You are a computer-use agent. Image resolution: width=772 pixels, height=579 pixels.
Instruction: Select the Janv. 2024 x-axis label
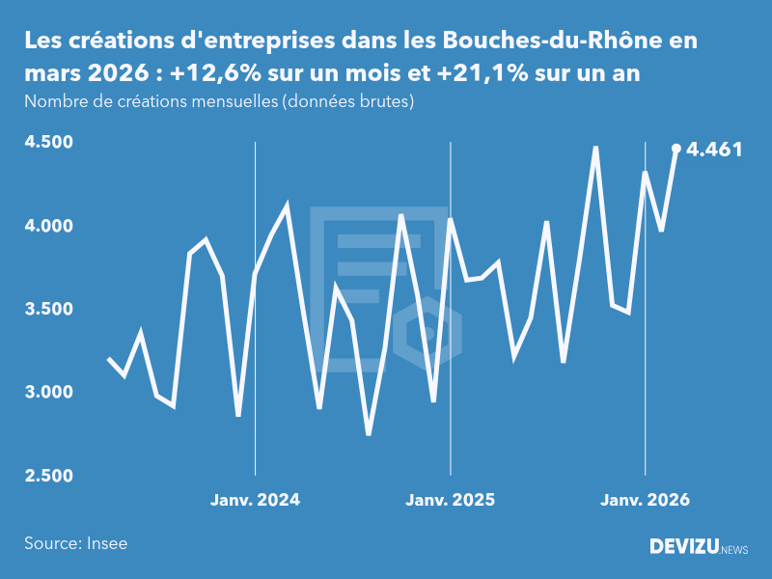point(255,500)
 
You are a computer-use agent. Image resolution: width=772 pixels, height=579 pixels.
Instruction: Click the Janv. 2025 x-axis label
point(450,500)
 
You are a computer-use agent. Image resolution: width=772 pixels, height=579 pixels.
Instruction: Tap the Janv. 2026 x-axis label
point(646,500)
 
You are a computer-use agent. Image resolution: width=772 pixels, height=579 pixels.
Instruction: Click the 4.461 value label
point(714,150)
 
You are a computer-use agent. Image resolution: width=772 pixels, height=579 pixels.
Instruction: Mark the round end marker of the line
point(676,149)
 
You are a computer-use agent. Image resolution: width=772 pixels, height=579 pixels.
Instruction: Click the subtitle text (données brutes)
point(348,101)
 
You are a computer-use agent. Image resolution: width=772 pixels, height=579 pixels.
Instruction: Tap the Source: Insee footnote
point(76,543)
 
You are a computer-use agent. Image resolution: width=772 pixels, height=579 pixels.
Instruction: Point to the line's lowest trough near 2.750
point(369,433)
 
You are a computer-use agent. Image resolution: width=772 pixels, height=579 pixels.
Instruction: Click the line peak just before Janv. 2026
point(595,148)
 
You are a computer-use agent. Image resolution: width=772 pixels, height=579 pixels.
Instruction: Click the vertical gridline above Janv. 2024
point(255,289)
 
